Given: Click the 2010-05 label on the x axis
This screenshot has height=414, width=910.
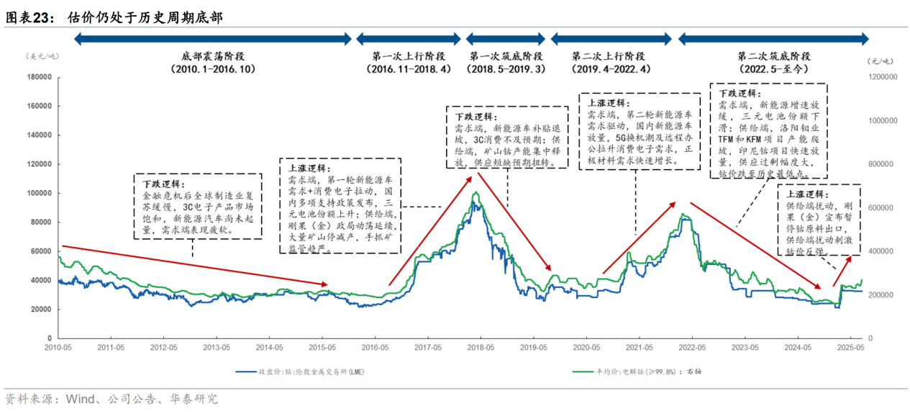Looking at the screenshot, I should (58, 347).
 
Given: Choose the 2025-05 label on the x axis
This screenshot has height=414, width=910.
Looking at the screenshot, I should (850, 347).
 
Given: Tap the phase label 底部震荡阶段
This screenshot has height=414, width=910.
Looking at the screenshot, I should (214, 55).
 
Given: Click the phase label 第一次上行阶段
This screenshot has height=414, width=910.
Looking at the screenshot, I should (408, 55).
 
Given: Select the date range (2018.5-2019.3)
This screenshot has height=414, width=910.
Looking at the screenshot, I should (506, 69).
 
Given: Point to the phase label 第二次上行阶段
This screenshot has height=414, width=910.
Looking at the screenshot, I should (611, 55).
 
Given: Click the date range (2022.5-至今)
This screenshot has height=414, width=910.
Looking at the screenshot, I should (774, 69).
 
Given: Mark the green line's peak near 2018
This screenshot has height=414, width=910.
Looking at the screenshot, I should (475, 193).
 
